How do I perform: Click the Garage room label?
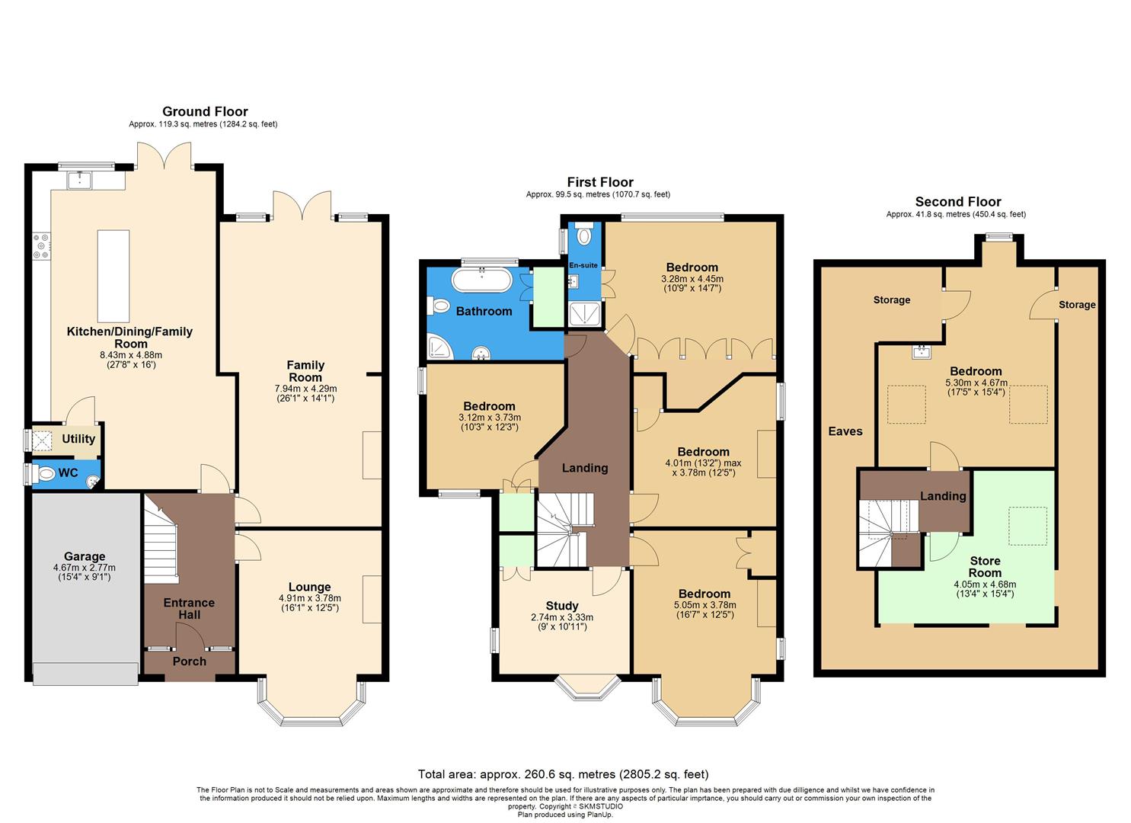pyautogui.click(x=85, y=556)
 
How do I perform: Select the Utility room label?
pyautogui.click(x=78, y=439)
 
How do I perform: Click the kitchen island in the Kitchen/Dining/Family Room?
pyautogui.click(x=113, y=276)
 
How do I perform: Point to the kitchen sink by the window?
pyautogui.click(x=79, y=180)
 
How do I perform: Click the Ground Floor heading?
pyautogui.click(x=205, y=111)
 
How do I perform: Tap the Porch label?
pyautogui.click(x=189, y=661)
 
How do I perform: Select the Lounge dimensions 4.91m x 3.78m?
pyautogui.click(x=309, y=598)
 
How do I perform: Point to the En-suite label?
pyautogui.click(x=583, y=265)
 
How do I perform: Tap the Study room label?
pyautogui.click(x=562, y=607)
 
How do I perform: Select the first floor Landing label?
pyautogui.click(x=585, y=468)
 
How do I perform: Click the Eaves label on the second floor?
pyautogui.click(x=845, y=431)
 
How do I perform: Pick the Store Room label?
pyautogui.click(x=985, y=567)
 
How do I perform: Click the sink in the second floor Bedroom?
pyautogui.click(x=922, y=352)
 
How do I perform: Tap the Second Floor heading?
pyautogui.click(x=958, y=202)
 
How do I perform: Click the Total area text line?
pyautogui.click(x=564, y=774)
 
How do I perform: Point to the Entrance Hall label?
pyautogui.click(x=189, y=608)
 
